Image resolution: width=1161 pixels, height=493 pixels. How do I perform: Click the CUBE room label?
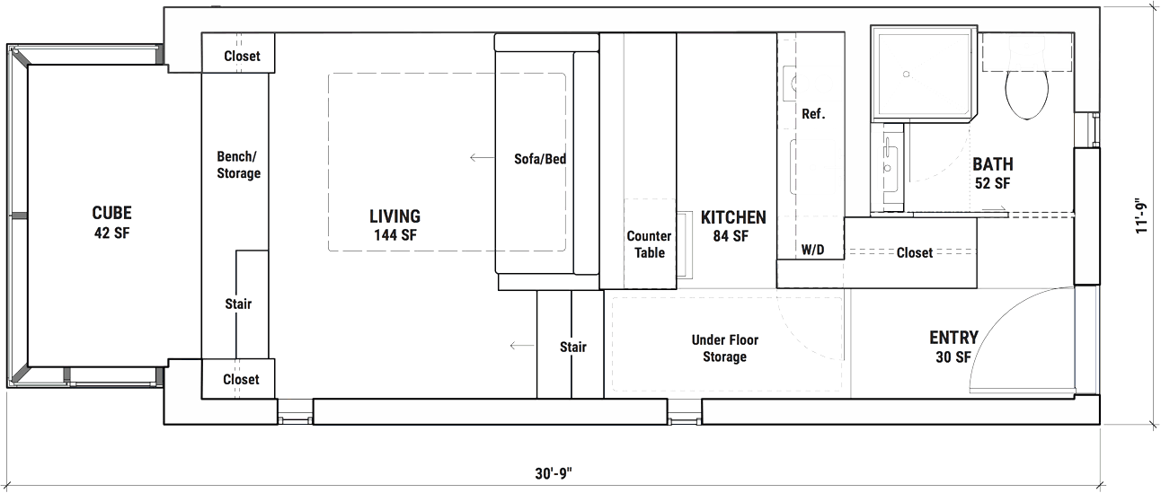(x=112, y=213)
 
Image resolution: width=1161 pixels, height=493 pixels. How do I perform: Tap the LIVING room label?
(x=395, y=216)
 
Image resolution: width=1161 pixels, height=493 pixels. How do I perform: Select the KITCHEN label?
(x=733, y=217)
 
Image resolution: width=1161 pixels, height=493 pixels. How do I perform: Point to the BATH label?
(x=993, y=164)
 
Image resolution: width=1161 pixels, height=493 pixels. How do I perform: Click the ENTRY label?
(x=953, y=338)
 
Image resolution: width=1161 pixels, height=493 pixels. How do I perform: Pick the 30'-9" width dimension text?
(x=554, y=473)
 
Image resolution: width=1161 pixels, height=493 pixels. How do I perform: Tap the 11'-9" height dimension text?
(x=1141, y=216)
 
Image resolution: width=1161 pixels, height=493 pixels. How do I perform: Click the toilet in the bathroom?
(x=1027, y=95)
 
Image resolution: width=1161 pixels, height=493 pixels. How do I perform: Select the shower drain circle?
(x=907, y=74)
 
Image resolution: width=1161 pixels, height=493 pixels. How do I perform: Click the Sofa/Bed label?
(x=540, y=159)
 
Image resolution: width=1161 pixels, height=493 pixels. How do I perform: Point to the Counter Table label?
(x=649, y=244)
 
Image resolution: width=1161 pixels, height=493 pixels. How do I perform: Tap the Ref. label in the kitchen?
(x=813, y=114)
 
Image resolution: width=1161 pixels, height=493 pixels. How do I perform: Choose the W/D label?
(x=812, y=251)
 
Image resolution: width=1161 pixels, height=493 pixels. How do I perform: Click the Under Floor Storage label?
(x=725, y=348)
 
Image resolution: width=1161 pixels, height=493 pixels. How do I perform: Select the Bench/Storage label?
(x=238, y=164)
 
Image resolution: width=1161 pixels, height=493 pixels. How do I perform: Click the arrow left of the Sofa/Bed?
(x=482, y=157)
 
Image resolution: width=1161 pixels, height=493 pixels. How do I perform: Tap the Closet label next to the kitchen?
(x=915, y=252)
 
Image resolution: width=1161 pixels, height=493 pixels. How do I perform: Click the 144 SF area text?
(x=395, y=235)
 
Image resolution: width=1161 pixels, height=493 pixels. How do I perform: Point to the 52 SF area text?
(x=993, y=183)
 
